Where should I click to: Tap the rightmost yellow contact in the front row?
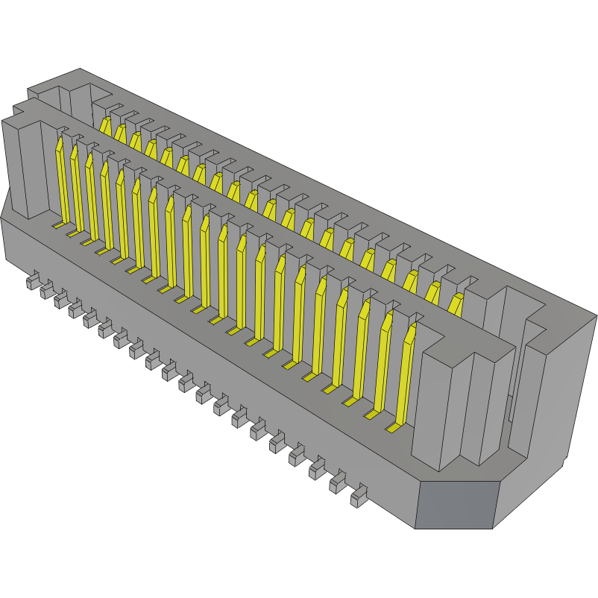406,373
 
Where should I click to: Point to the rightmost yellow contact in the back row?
455,305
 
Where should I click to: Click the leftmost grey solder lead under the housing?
31,281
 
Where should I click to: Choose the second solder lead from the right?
338,484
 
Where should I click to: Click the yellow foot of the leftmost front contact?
57,224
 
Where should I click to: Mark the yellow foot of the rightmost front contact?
393,429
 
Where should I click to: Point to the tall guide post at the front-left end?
28,168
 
